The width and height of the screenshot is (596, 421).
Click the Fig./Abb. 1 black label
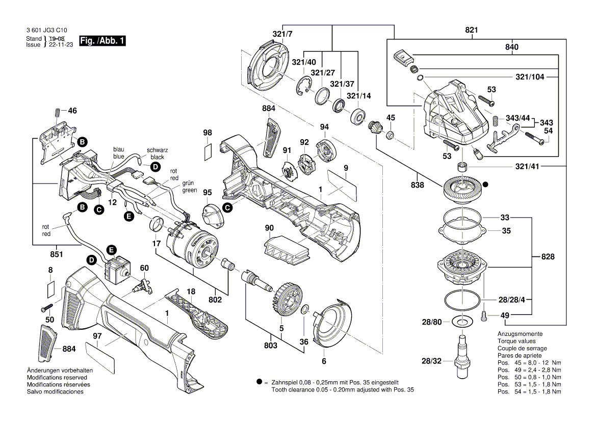tap(102, 41)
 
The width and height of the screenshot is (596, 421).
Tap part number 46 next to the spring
tap(72, 110)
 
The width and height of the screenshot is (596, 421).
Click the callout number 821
tap(472, 31)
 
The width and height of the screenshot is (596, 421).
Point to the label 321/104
tap(530, 77)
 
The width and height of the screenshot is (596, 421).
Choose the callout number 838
tap(417, 185)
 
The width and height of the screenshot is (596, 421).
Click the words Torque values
tap(516, 341)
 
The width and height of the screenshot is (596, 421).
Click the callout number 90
tap(269, 227)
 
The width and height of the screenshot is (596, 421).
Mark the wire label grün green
tap(190, 187)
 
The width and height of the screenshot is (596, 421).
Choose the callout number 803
tap(271, 346)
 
